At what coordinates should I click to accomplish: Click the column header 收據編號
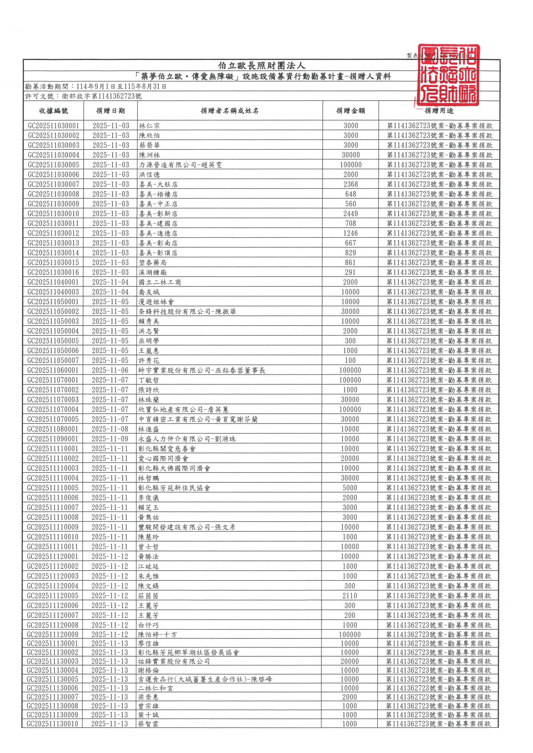tap(54, 111)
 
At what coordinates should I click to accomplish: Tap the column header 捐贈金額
tap(350, 111)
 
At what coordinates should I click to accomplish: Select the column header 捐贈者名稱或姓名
tap(230, 111)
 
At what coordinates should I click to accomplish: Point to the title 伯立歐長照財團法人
tap(261, 66)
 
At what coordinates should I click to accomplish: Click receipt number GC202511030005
tap(54, 165)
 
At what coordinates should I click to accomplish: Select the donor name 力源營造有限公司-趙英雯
tap(180, 165)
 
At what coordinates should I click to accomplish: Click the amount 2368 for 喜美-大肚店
tap(350, 184)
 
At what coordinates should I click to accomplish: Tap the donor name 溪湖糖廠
tap(153, 272)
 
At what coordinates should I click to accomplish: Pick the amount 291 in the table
tap(350, 272)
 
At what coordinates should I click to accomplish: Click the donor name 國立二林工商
tap(160, 282)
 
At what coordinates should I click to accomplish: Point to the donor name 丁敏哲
tap(149, 380)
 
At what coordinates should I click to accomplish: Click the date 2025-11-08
tap(110, 429)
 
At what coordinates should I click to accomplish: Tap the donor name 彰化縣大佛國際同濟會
tap(174, 469)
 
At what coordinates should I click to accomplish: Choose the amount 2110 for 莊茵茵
tap(350, 596)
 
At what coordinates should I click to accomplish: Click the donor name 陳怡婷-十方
tap(157, 635)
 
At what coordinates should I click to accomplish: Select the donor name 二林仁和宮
tap(156, 688)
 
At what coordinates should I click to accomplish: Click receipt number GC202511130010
tap(53, 724)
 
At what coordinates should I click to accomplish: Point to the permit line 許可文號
tap(84, 97)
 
